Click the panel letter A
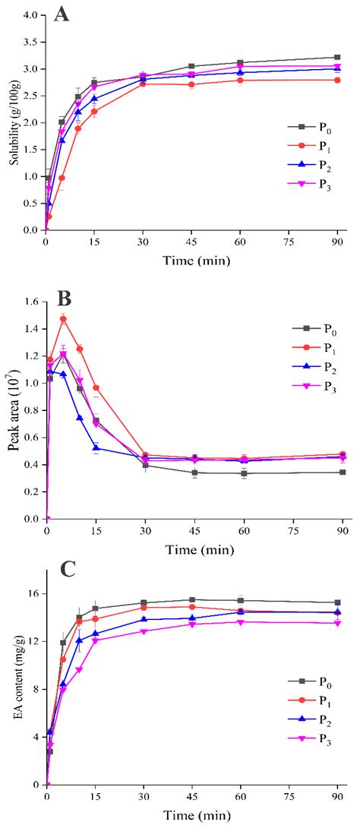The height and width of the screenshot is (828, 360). point(62,15)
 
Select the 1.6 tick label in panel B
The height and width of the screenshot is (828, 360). point(30,302)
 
